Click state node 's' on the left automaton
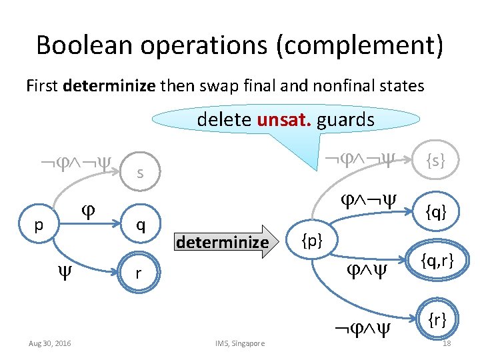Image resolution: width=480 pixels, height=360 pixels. click(x=139, y=174)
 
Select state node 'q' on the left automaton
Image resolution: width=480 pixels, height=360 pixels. click(x=139, y=225)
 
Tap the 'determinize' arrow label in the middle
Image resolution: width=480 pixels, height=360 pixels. click(x=222, y=241)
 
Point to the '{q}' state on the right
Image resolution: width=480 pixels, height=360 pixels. click(x=437, y=212)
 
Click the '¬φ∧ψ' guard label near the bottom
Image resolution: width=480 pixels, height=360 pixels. click(x=361, y=327)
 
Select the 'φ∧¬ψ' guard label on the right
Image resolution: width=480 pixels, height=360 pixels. click(x=365, y=199)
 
